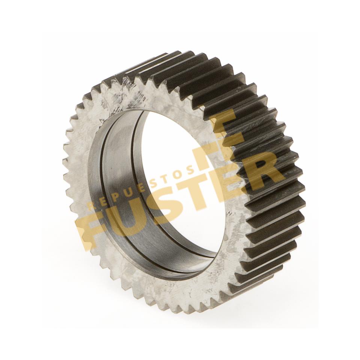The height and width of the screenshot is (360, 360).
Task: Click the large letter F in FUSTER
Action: [x=92, y=223]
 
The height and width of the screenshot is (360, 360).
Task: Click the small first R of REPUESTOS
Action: [x=91, y=206]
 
